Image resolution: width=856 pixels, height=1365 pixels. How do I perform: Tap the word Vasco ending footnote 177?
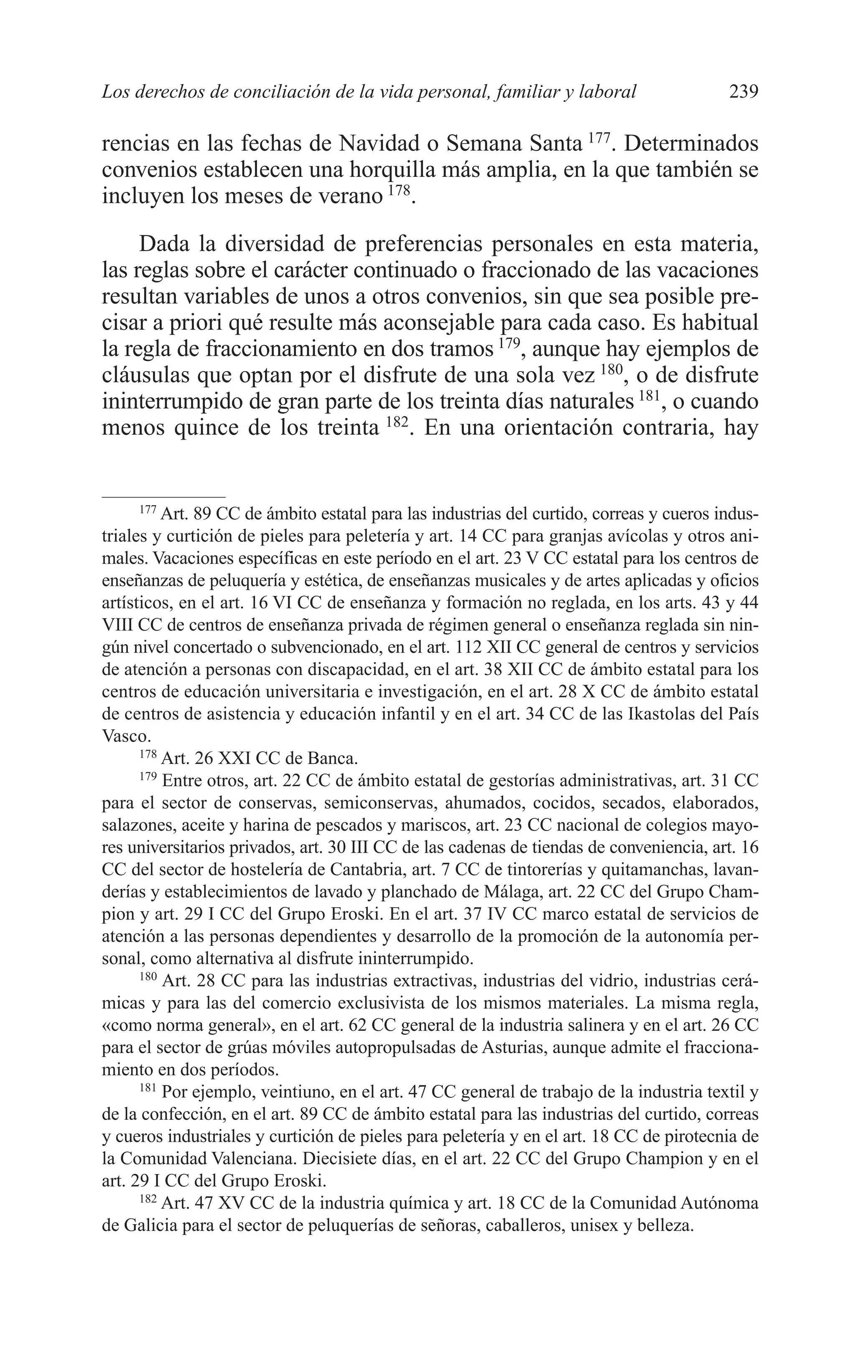click(x=125, y=736)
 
